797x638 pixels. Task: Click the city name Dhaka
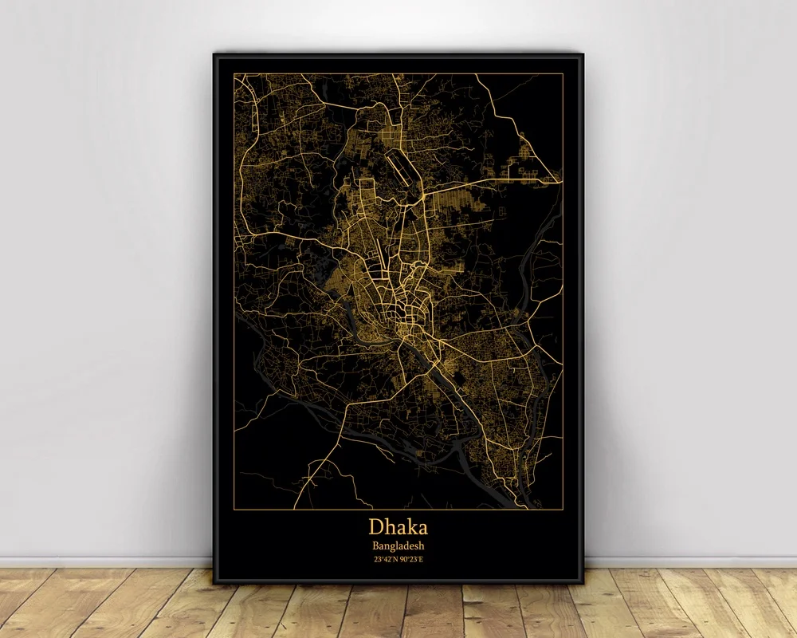point(398,527)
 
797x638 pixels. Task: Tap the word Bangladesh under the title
point(398,545)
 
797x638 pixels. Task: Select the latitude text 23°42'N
point(385,559)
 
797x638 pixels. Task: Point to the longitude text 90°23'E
point(411,559)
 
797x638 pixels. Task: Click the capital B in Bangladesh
point(375,545)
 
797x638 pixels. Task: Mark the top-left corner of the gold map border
point(234,73)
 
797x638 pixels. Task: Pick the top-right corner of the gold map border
point(563,73)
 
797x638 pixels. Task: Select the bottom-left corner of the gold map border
point(234,509)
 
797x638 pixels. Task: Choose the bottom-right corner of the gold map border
point(563,509)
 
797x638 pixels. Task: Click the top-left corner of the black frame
point(214,53)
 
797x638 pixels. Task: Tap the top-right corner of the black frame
point(583,53)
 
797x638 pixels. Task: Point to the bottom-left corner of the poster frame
point(214,583)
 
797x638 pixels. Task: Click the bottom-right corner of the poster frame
point(583,583)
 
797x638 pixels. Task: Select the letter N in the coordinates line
point(395,559)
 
